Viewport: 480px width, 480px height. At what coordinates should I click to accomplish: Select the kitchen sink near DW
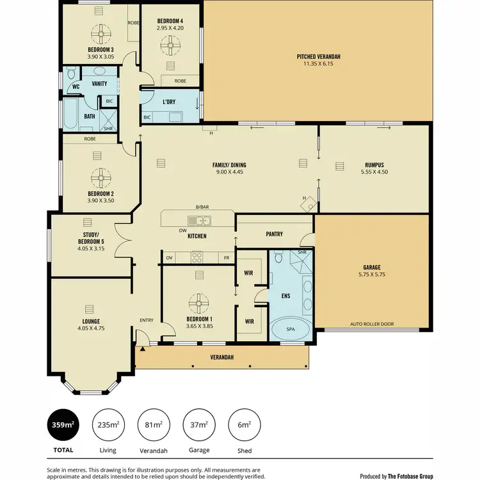200,221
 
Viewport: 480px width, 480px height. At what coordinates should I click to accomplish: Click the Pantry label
275,234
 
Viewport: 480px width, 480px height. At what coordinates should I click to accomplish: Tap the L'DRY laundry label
169,102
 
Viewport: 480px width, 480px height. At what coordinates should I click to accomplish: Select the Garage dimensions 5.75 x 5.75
371,275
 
